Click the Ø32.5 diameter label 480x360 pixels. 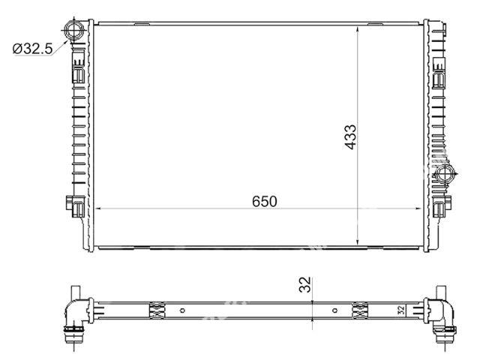pos(33,49)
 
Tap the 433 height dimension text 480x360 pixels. pos(350,136)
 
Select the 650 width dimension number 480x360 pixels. pos(265,202)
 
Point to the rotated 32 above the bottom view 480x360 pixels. pos(305,284)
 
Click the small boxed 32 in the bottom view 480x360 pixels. pos(401,310)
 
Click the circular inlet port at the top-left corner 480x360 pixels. pos(73,30)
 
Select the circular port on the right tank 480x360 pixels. pos(445,175)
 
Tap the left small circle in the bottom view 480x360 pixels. pos(182,310)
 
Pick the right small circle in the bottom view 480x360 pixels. pos(335,310)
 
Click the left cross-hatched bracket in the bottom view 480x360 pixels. pos(157,310)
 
